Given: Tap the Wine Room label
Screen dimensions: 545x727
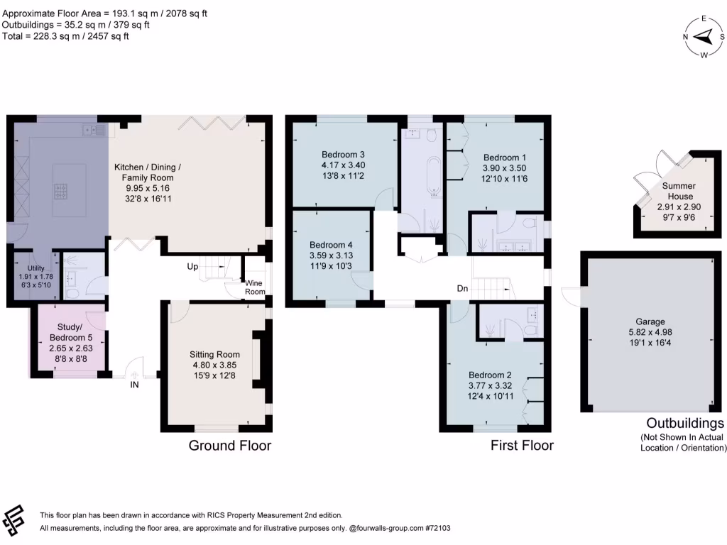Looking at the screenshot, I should pyautogui.click(x=255, y=287).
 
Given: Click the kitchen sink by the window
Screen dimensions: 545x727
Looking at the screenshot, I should pyautogui.click(x=94, y=130).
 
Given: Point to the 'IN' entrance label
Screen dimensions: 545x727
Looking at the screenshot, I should pyautogui.click(x=134, y=386).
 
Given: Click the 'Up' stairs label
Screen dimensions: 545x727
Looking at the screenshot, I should pyautogui.click(x=192, y=268).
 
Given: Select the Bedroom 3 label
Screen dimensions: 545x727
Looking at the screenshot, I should pyautogui.click(x=343, y=155).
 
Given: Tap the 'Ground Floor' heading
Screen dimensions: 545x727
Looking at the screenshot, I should pyautogui.click(x=229, y=446).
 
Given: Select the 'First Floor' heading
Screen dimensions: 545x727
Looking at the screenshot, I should pyautogui.click(x=522, y=446).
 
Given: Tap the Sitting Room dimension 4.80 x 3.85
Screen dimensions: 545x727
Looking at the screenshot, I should pyautogui.click(x=214, y=366).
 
